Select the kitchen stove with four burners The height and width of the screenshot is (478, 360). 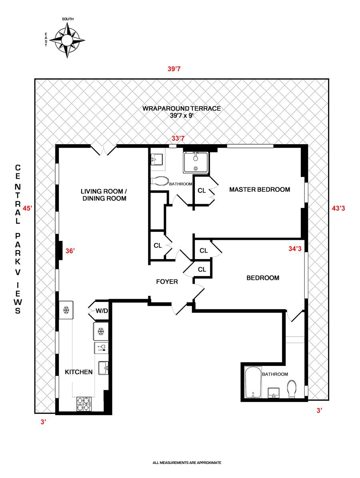84,404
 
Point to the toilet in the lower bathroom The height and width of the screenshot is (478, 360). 292,388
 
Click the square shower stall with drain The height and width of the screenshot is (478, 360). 196,163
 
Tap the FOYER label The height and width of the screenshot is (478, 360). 167,282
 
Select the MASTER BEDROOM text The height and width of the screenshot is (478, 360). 259,190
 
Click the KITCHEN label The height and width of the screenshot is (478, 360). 79,372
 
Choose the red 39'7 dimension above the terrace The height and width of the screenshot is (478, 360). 174,69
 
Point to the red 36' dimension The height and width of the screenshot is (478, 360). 70,251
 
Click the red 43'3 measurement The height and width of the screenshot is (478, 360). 339,208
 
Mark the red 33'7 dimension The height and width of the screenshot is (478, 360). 178,139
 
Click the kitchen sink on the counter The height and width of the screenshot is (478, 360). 104,367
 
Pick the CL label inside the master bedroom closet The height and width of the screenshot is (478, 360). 202,191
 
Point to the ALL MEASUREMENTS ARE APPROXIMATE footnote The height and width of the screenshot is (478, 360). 187,463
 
